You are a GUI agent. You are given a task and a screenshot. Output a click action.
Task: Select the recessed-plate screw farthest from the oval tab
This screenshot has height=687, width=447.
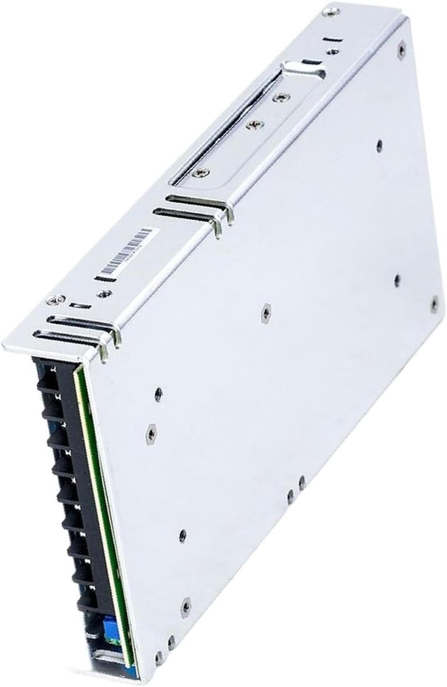196,172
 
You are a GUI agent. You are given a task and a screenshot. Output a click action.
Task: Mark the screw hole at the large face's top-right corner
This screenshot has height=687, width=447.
401,47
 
